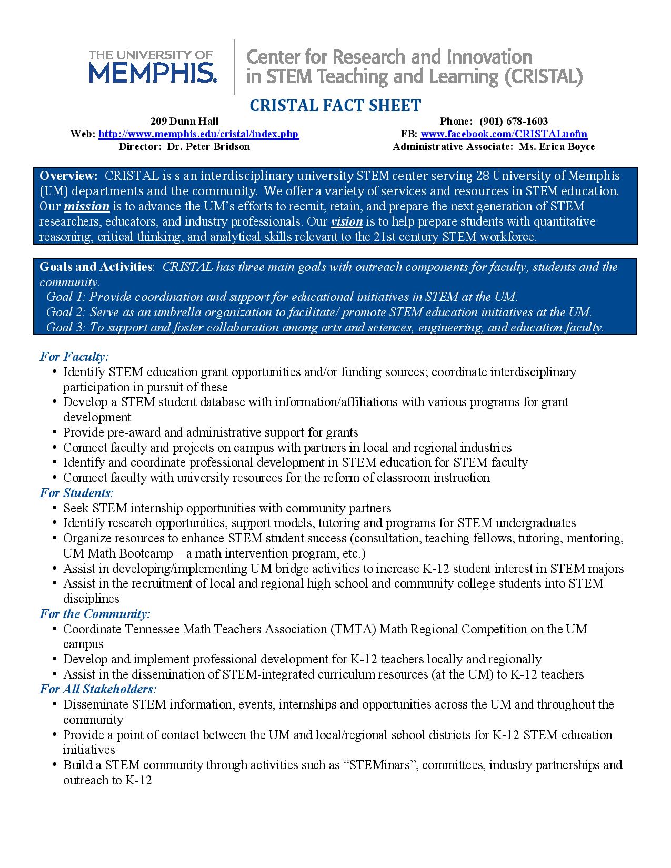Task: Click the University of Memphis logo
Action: pos(152,66)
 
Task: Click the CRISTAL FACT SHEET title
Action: pos(335,105)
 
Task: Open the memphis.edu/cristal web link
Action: pos(198,134)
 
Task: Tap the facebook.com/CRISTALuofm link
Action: pos(504,134)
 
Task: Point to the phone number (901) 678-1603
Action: pos(514,122)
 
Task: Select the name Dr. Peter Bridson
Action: pos(208,147)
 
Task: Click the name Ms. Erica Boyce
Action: pos(557,147)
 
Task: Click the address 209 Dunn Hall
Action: pos(184,122)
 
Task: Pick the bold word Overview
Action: pos(68,176)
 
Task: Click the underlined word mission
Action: pos(86,206)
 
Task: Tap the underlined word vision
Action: pos(347,221)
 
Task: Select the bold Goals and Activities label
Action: pos(96,267)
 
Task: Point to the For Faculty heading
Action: pos(74,357)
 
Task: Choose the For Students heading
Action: pos(76,493)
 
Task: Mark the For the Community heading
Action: pos(95,614)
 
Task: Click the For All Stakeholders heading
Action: pos(98,689)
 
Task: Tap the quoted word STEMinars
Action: pos(380,765)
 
